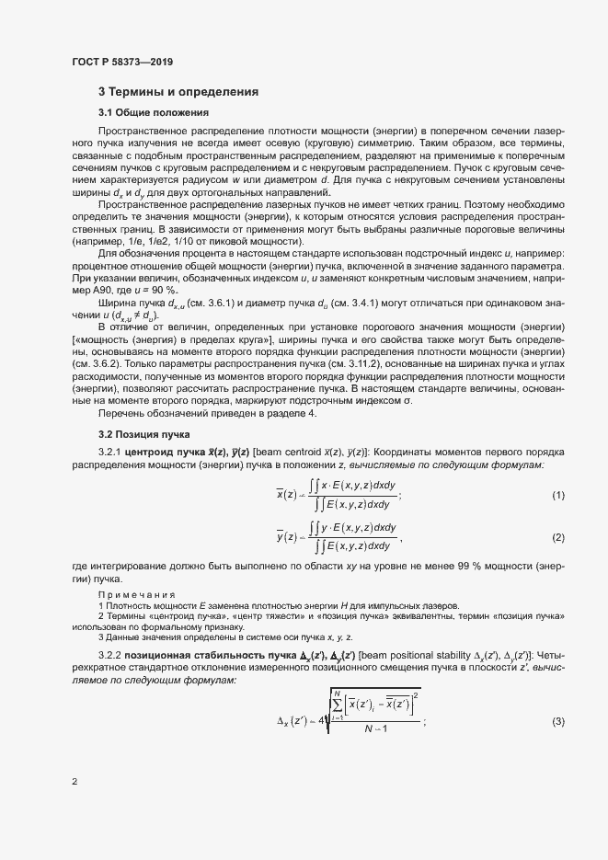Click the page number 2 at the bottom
(x=75, y=782)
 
